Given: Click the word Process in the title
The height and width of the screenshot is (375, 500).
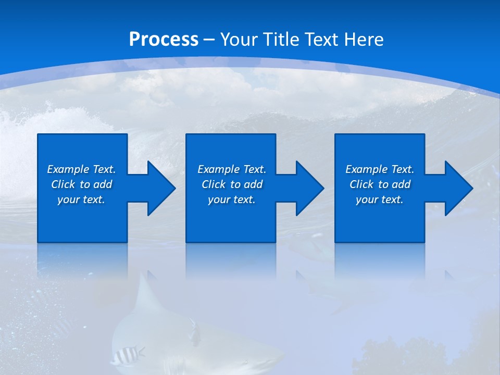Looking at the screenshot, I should pos(164,40).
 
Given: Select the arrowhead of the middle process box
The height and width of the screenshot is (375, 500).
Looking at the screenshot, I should pos(309,188).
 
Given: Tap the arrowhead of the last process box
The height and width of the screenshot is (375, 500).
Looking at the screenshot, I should pos(458,188).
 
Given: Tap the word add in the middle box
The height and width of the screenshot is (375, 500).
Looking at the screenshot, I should pos(253,184).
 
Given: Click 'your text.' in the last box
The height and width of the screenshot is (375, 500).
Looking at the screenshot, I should pos(380,199).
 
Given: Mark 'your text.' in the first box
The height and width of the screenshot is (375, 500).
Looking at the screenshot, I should pos(81,199).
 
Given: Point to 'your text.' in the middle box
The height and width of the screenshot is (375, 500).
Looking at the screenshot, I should pos(232,199).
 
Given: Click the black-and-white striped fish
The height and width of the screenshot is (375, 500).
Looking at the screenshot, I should pos(127,356).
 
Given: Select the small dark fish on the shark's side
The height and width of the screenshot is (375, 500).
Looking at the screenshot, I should pos(195,332).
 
